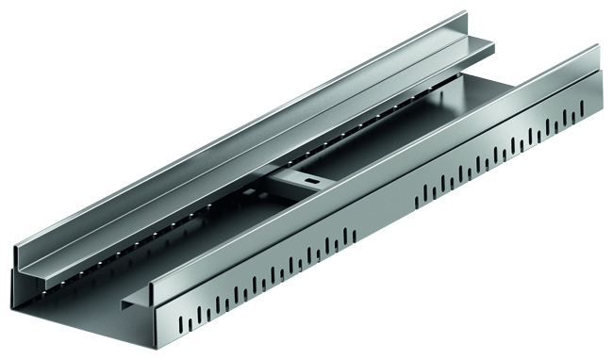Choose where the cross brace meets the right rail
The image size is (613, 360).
(325, 188)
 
